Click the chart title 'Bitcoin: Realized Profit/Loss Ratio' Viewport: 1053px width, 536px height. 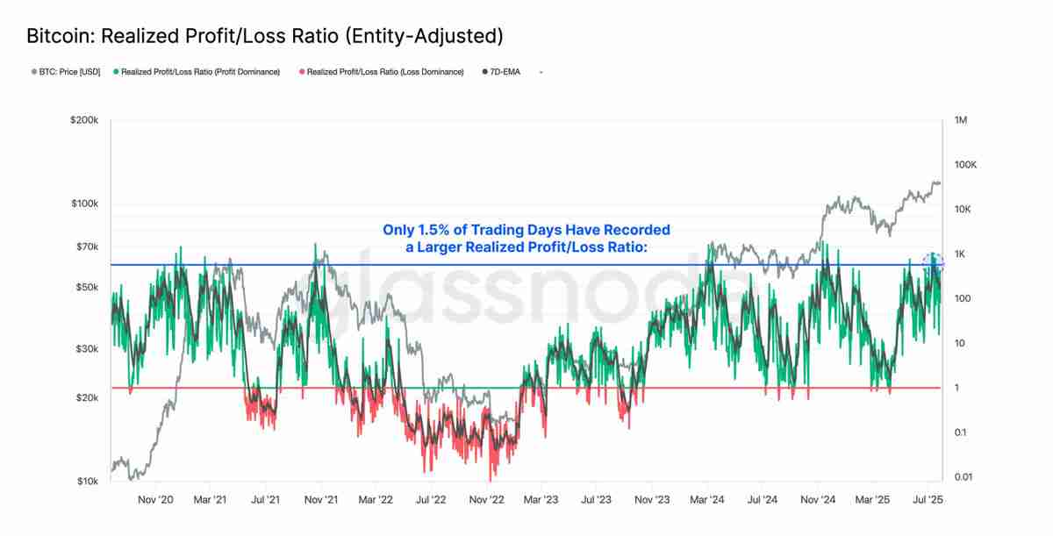(x=264, y=36)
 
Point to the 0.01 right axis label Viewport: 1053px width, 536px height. (x=963, y=476)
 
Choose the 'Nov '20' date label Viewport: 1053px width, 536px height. (x=155, y=500)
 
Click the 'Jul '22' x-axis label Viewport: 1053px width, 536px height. (x=431, y=500)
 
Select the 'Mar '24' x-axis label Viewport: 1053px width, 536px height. (x=707, y=500)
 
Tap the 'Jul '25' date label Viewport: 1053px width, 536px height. (x=928, y=500)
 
